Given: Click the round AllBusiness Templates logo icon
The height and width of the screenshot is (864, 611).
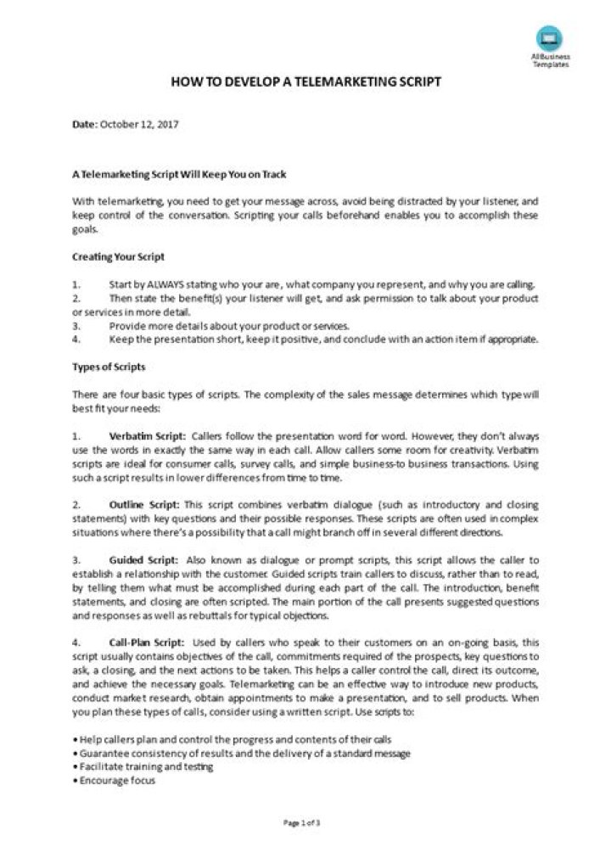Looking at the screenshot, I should click(x=549, y=37).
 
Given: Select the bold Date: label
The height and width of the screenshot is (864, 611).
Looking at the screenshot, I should click(x=84, y=124).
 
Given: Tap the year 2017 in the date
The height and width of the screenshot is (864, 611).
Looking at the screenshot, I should click(x=167, y=124).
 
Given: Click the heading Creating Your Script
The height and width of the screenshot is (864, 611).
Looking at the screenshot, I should click(x=118, y=256).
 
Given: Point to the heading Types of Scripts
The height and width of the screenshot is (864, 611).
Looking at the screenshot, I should click(x=109, y=367).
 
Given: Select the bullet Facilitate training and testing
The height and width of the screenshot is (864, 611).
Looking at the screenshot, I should click(x=144, y=766).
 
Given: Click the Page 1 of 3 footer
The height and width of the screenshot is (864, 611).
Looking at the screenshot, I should click(x=301, y=823).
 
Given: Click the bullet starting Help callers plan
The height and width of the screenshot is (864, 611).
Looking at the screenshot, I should click(x=233, y=739).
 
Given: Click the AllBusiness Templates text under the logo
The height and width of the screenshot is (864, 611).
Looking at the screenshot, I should click(x=551, y=61).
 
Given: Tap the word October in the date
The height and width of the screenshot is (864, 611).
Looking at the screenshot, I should click(x=119, y=124).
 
